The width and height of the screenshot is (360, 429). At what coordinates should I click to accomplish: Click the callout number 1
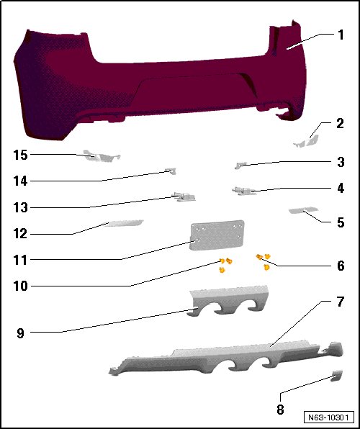(341, 35)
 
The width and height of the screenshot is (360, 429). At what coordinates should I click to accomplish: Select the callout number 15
(21, 155)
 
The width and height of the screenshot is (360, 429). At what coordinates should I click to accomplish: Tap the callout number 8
(280, 410)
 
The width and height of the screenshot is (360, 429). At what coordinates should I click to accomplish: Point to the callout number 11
(21, 260)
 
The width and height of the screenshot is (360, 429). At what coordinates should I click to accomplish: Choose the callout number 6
(341, 266)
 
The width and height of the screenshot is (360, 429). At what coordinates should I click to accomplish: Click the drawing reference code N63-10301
(328, 417)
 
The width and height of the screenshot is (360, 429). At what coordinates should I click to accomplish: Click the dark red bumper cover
(160, 82)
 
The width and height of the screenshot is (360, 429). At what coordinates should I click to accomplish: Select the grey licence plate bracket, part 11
(217, 235)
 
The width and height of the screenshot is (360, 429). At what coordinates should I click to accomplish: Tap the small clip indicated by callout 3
(240, 166)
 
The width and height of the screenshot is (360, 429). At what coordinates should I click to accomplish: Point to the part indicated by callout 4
(244, 191)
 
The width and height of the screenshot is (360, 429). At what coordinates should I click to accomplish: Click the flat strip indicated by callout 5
(303, 210)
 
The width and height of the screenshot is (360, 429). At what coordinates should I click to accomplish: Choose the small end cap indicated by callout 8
(337, 376)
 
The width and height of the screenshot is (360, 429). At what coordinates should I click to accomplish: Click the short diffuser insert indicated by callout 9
(228, 301)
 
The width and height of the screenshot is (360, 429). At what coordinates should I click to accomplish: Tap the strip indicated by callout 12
(124, 223)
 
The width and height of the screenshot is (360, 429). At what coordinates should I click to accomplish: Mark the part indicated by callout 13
(184, 197)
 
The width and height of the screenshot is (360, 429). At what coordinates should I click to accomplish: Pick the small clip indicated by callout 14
(171, 171)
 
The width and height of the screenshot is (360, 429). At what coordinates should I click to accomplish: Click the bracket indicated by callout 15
(102, 156)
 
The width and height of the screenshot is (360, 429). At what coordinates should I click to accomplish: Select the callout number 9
(21, 333)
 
